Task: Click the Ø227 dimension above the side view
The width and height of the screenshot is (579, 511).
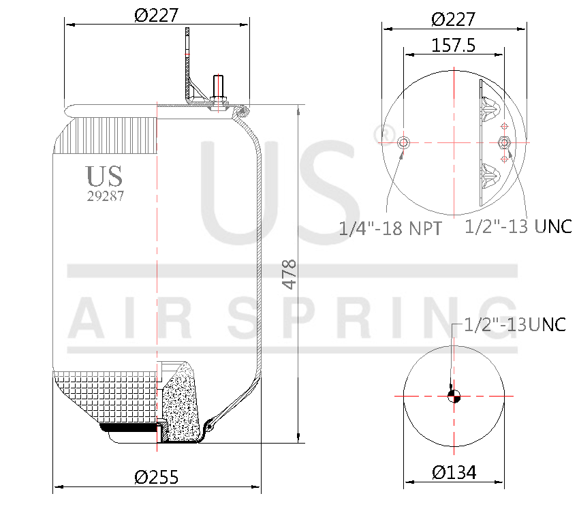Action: point(156,18)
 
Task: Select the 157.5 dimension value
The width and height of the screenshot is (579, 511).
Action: point(453,45)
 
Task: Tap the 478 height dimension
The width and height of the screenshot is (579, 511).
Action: point(289,274)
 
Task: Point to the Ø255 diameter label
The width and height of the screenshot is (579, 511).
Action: point(156,477)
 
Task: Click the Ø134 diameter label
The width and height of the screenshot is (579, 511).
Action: point(453,471)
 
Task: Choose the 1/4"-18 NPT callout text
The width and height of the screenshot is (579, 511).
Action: point(390,228)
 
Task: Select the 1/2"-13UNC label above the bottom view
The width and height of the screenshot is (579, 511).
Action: point(515,324)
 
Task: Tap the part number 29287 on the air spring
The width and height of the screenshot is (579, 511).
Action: point(106,196)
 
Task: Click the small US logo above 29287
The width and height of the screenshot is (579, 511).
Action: point(105,176)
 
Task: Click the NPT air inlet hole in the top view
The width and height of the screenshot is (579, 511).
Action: point(403,142)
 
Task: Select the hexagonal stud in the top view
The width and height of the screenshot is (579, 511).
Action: point(504,142)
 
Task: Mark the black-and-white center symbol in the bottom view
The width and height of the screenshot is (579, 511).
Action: point(454,396)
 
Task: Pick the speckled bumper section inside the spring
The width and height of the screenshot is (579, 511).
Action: point(180,402)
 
